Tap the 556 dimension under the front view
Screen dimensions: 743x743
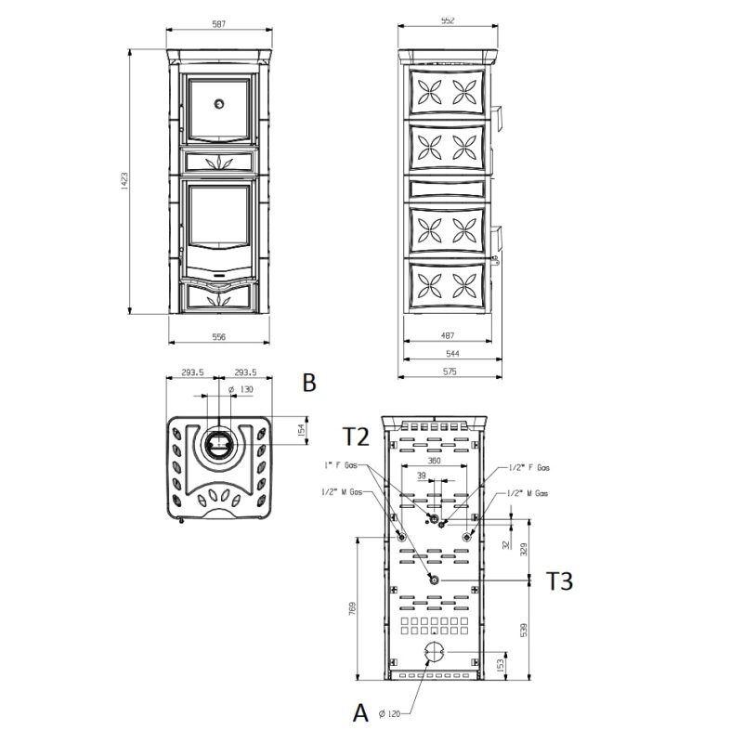point(219,336)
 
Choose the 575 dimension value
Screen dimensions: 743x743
point(450,371)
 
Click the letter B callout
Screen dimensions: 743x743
point(309,382)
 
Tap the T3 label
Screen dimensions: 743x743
point(559,582)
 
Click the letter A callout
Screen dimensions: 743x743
point(360,713)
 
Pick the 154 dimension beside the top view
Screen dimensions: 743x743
point(300,430)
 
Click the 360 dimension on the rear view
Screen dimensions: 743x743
point(434,461)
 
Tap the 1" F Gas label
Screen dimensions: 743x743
point(340,464)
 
